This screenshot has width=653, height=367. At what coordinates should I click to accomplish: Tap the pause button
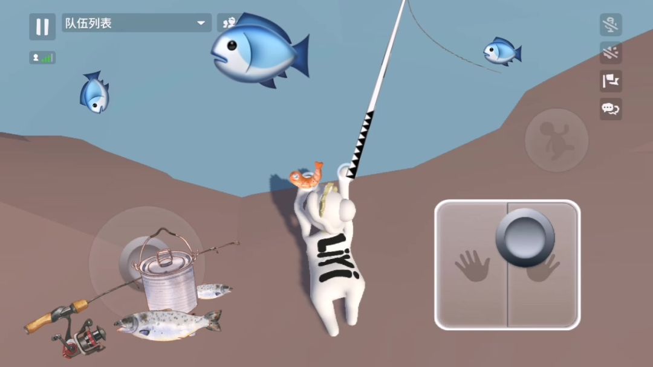(x=42, y=27)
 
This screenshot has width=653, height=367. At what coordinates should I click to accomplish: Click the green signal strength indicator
(x=47, y=58)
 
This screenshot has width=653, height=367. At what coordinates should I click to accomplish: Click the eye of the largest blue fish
(x=232, y=45)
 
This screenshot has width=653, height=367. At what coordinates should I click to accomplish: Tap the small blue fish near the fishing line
(x=502, y=51)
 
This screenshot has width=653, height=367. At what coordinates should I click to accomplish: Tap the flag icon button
(x=611, y=81)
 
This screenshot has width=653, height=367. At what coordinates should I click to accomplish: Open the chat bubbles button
(x=611, y=109)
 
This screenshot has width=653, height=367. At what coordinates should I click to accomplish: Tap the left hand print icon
(x=472, y=266)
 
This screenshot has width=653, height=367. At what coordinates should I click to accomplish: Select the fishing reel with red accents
(x=80, y=338)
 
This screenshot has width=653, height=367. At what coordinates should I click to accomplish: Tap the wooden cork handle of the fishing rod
(x=56, y=316)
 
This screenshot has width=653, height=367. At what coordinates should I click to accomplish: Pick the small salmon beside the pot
(x=213, y=291)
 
